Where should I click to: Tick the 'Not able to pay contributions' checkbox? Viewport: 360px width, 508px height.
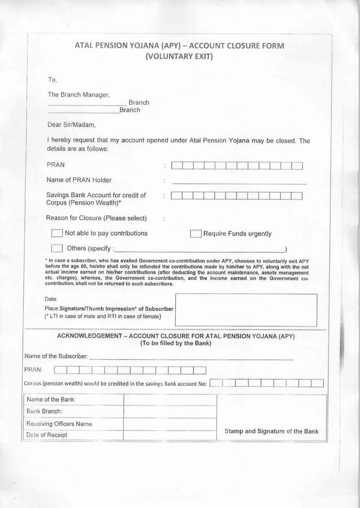click(x=57, y=233)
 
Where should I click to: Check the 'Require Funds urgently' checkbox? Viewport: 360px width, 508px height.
click(x=195, y=234)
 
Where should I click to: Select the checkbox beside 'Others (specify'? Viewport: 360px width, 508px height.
click(x=57, y=248)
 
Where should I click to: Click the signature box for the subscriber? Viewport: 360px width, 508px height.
click(x=246, y=310)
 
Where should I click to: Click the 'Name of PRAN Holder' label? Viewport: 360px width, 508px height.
click(x=79, y=180)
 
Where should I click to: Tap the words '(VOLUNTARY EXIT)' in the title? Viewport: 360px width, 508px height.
click(x=179, y=57)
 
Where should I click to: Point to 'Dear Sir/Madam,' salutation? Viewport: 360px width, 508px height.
click(x=72, y=125)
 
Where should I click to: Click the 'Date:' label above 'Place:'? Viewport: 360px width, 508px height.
click(x=51, y=299)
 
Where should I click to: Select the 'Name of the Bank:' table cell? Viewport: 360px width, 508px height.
click(x=51, y=400)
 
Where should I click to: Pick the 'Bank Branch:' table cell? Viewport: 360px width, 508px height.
click(x=44, y=412)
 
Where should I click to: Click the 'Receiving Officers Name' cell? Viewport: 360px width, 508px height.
click(x=59, y=424)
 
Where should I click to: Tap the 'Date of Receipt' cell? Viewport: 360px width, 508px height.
click(x=47, y=435)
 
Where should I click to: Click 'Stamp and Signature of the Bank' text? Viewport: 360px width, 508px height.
click(x=271, y=431)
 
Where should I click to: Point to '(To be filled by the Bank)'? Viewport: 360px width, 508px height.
click(x=176, y=343)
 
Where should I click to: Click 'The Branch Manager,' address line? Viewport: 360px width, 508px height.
click(x=79, y=95)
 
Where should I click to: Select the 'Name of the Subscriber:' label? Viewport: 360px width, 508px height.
click(x=56, y=356)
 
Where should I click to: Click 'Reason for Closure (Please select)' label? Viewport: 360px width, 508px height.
click(x=96, y=218)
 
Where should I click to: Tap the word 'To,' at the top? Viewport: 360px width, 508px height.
click(x=53, y=80)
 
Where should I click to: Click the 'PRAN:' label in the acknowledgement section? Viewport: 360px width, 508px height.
click(x=33, y=370)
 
